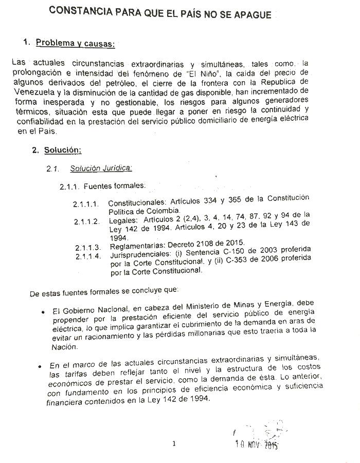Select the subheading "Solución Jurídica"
pyautogui.click(x=101, y=168)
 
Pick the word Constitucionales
pyautogui.click(x=136, y=202)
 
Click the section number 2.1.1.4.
pyautogui.click(x=87, y=255)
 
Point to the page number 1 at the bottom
pyautogui.click(x=174, y=444)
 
